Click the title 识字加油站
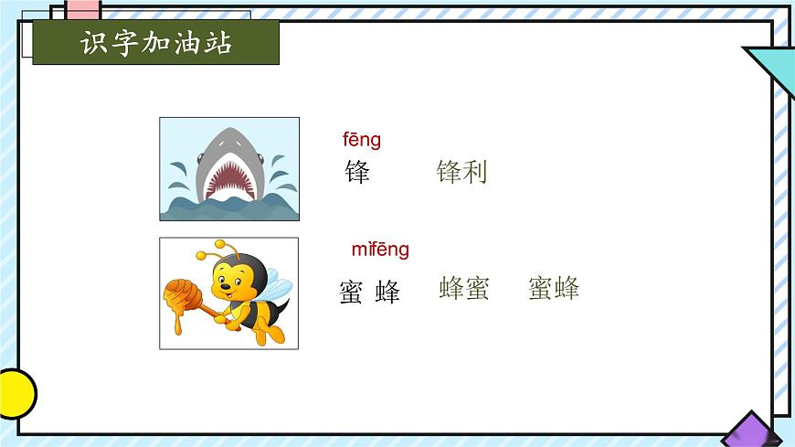tap(155, 43)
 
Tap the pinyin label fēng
tap(362, 140)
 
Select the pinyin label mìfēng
tap(380, 250)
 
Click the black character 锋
tap(357, 171)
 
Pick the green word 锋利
tap(461, 171)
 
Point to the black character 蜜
tap(351, 293)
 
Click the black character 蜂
tap(387, 293)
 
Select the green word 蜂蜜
tap(464, 289)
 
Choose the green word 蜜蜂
tap(554, 289)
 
